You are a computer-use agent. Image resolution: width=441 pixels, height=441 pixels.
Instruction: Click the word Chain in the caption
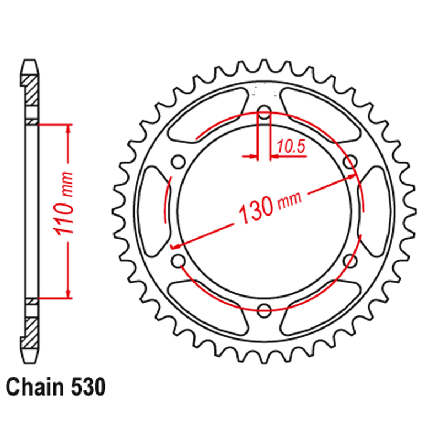33,388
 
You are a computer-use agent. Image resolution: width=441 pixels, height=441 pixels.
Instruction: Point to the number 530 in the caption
85,388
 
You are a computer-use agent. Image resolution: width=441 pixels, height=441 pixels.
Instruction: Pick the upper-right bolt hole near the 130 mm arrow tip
348,162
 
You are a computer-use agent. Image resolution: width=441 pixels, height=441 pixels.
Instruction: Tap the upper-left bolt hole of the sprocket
178,162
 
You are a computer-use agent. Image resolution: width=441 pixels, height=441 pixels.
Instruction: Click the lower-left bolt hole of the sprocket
178,260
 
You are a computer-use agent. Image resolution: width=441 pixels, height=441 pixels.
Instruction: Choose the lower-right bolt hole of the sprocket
348,260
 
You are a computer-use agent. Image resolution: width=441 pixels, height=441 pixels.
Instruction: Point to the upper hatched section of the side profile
31,90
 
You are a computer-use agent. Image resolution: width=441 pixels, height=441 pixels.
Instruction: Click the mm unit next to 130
289,200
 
